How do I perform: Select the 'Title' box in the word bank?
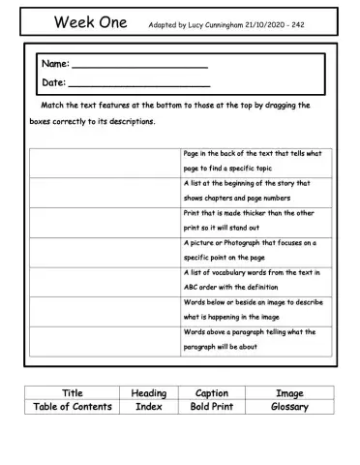(x=73, y=393)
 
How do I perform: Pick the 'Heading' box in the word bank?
(x=148, y=393)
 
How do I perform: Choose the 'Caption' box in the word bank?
(x=211, y=393)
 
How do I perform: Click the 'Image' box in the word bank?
(x=289, y=393)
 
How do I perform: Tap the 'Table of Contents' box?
(x=73, y=407)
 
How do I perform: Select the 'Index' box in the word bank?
(x=148, y=407)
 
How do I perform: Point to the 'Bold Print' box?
(x=211, y=407)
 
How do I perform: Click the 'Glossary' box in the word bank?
(x=289, y=407)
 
